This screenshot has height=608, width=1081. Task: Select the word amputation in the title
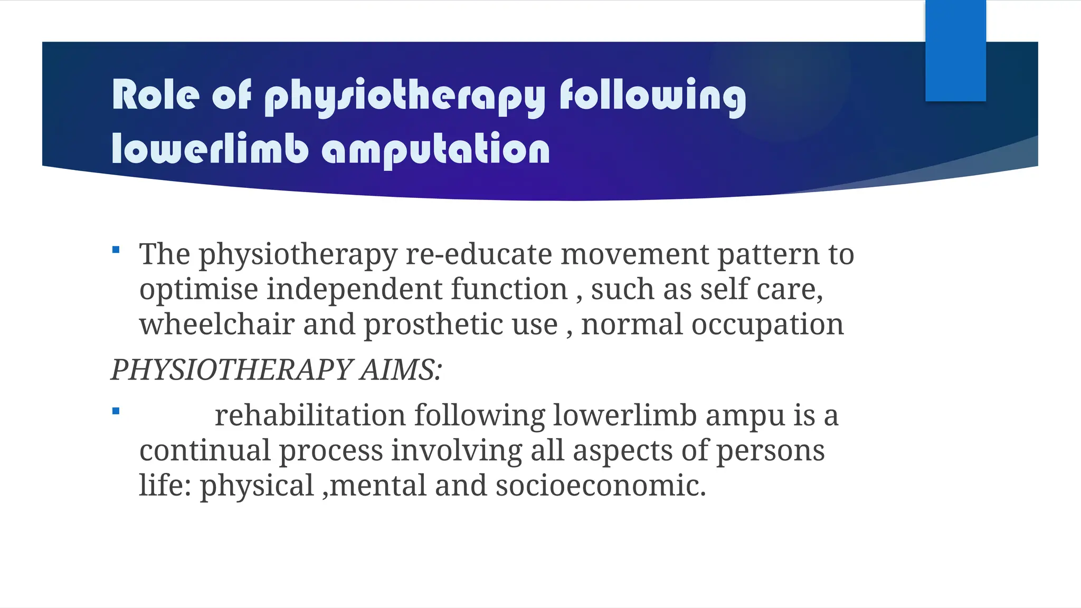(436, 150)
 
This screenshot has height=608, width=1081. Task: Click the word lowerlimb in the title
(210, 149)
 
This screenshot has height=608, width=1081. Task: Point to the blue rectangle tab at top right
(955, 51)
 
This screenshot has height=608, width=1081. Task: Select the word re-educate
(478, 254)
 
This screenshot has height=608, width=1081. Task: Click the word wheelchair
(217, 324)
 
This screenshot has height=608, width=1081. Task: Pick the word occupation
(767, 324)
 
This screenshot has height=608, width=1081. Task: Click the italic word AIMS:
(401, 369)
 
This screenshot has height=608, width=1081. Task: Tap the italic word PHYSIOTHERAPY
(231, 369)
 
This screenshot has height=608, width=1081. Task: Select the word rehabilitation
(310, 415)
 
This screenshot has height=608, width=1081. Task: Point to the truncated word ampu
(745, 416)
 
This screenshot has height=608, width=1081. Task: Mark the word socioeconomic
(600, 486)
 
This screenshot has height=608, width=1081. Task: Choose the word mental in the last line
(377, 486)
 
